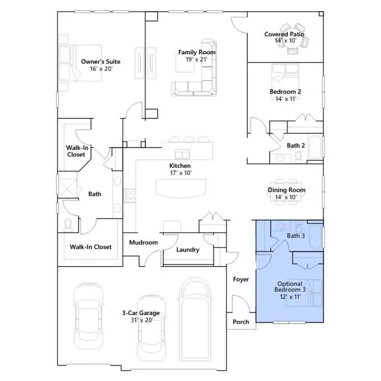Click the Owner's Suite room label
[101, 61]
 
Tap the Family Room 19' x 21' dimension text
[196, 60]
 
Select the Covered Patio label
[285, 35]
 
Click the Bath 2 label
[296, 145]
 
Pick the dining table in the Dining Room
[286, 192]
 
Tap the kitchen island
[181, 188]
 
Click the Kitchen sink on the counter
[182, 154]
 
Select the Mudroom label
[143, 242]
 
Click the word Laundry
[188, 250]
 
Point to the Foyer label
[241, 279]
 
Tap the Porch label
[241, 321]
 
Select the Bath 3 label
[296, 236]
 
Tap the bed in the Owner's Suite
[80, 63]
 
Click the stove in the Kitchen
[130, 196]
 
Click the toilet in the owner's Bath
[68, 225]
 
